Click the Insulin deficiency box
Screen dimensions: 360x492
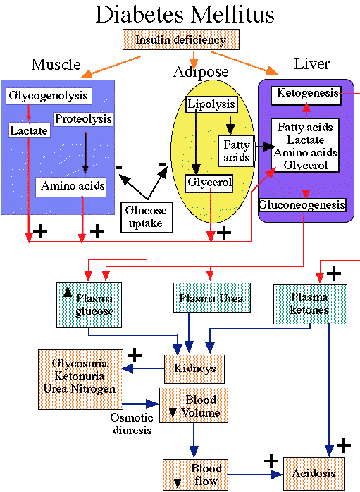[x=181, y=39]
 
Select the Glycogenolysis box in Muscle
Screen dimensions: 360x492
[x=49, y=96]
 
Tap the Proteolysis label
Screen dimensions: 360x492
[x=83, y=119]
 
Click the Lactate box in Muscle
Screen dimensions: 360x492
[x=29, y=130]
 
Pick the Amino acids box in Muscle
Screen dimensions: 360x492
[x=71, y=187]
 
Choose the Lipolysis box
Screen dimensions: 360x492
[x=211, y=104]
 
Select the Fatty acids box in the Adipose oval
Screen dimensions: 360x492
[x=236, y=151]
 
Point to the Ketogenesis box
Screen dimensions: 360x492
[x=306, y=96]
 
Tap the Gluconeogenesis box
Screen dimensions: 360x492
[x=302, y=205]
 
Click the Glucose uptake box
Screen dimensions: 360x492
[x=147, y=217]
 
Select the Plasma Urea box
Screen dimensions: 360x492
[x=212, y=297]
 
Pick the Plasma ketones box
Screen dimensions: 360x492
[x=310, y=304]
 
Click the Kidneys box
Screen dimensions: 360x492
[x=194, y=369]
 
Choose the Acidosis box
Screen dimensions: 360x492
[x=314, y=473]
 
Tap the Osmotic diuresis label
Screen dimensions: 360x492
[x=132, y=424]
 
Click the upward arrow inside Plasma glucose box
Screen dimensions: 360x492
[x=68, y=302]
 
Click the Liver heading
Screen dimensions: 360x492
[x=312, y=64]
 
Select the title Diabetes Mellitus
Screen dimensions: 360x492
[x=185, y=14]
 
